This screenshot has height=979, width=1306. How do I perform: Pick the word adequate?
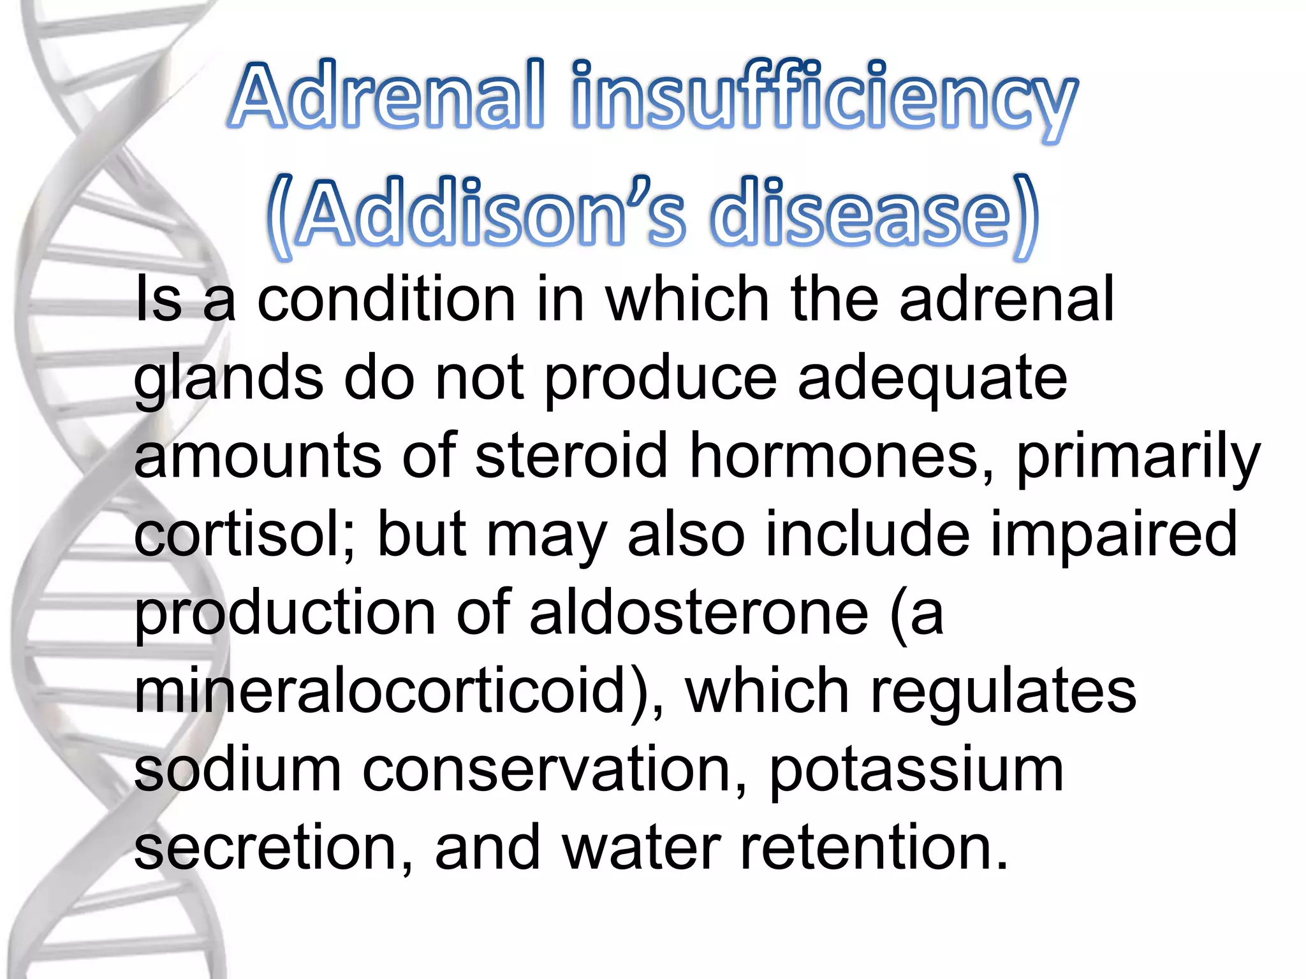[932, 379]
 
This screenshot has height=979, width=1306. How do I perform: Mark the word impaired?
[1113, 535]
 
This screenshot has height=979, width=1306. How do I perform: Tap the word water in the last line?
[641, 848]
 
